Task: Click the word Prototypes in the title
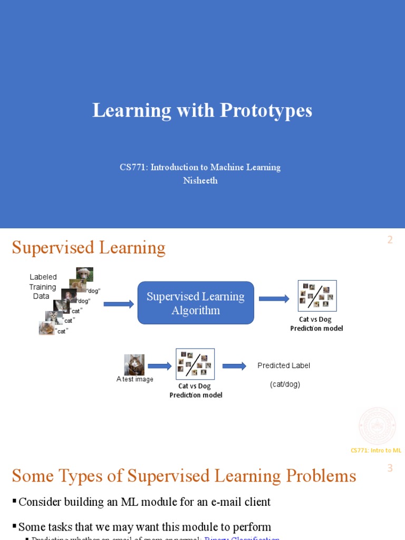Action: [x=266, y=111]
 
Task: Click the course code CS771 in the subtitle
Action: [x=133, y=167]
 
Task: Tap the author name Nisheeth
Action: [x=200, y=180]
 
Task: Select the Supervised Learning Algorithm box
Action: [x=196, y=303]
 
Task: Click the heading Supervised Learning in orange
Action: [x=89, y=247]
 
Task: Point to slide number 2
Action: [x=390, y=240]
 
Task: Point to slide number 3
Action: [x=390, y=468]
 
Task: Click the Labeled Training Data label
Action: [x=42, y=287]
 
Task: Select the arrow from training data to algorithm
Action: [x=119, y=304]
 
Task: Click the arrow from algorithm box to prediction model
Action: [x=274, y=299]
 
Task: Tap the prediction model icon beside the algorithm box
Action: [x=317, y=296]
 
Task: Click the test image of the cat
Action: [x=134, y=365]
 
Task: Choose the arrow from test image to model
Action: [x=160, y=366]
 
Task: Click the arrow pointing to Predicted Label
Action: [x=234, y=366]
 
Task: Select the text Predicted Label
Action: [x=284, y=365]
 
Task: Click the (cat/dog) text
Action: [x=285, y=384]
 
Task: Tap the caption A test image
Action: [x=135, y=379]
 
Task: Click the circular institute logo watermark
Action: [x=377, y=426]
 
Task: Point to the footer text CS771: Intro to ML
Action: [x=376, y=450]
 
